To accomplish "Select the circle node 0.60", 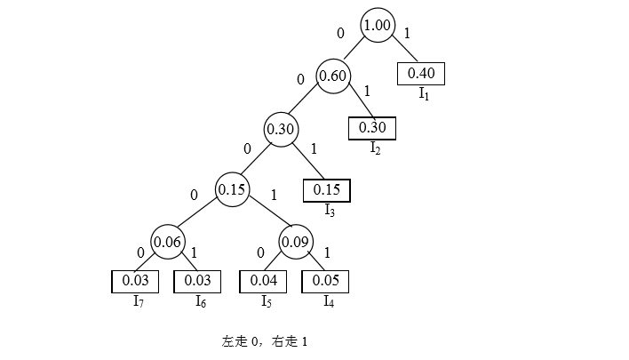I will click(332, 76).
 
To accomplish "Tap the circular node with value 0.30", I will click(281, 129).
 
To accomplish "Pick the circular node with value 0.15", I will click(233, 188).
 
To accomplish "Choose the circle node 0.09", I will click(295, 241).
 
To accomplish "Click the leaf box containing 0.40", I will click(421, 74).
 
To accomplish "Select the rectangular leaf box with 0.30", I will click(371, 128).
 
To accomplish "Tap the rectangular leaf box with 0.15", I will click(327, 189).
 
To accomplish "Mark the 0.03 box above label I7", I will click(134, 281).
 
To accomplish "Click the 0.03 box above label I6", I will click(196, 281).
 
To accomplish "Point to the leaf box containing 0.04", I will click(264, 281).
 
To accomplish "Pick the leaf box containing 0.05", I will click(326, 281).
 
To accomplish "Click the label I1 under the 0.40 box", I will click(425, 93).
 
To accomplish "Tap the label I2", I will click(376, 148).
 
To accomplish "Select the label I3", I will click(330, 210).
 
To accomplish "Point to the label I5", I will click(266, 301).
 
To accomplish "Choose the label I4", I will click(328, 301).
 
